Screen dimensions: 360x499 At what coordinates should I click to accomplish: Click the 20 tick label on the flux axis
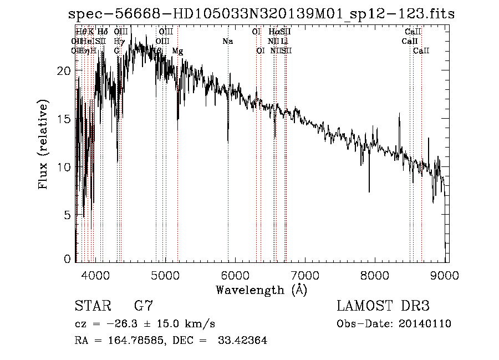point(65,71)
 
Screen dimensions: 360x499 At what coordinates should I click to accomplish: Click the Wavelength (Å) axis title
point(261,289)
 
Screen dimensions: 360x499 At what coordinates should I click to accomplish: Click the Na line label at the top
point(227,42)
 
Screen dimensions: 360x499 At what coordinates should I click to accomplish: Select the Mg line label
point(177,51)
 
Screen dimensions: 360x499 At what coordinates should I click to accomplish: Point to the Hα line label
point(274,32)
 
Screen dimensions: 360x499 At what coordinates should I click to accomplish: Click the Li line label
point(284,42)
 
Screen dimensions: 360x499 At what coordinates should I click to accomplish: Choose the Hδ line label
point(103,32)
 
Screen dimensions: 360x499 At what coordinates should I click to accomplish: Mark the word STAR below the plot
point(92,306)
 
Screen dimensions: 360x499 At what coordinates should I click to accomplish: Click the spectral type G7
point(144,306)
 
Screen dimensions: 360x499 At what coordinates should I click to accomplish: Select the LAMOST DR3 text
point(383,306)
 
